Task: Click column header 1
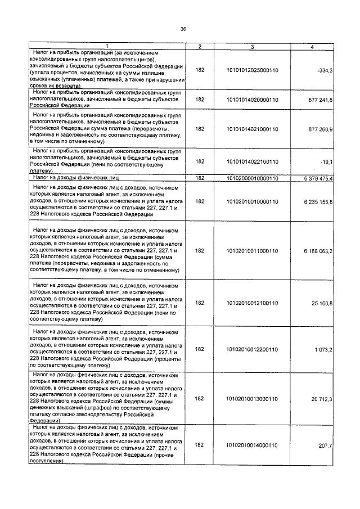click(109, 46)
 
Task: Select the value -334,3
click(325, 70)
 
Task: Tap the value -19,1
click(326, 161)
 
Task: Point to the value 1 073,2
click(323, 349)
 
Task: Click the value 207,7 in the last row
click(326, 444)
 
